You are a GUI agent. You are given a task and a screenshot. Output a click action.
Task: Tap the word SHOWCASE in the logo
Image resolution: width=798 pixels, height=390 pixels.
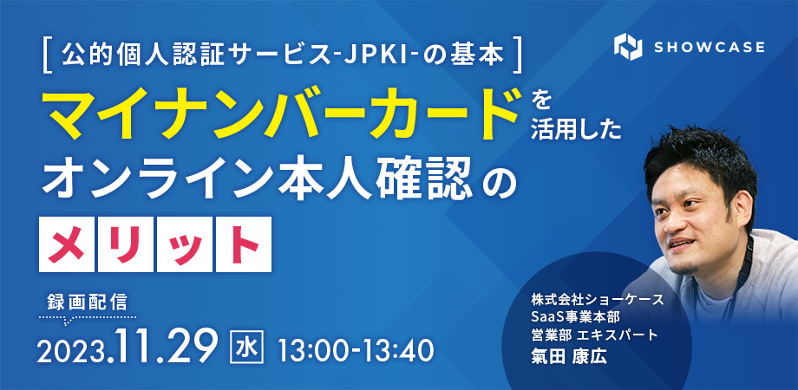[709, 48]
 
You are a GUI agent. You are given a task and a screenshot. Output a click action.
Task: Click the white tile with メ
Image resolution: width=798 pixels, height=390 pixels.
[67, 244]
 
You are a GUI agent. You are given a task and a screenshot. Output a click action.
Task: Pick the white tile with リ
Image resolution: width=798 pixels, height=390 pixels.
[126, 244]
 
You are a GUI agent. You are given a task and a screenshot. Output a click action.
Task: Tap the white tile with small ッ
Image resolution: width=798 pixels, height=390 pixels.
[184, 244]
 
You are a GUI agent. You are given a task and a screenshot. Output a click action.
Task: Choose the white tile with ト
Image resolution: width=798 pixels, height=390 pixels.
[243, 244]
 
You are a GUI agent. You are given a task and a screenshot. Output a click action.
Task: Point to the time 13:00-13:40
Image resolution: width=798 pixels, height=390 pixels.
[356, 348]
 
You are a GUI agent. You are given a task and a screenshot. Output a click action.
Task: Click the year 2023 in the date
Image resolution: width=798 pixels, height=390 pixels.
[75, 350]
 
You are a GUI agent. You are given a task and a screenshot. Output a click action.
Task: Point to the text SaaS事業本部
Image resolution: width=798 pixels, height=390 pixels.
[574, 317]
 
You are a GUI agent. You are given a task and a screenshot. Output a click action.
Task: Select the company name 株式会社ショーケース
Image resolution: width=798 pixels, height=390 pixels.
[597, 300]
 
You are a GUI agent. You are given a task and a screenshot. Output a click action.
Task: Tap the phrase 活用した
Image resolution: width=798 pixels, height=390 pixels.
[576, 131]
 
